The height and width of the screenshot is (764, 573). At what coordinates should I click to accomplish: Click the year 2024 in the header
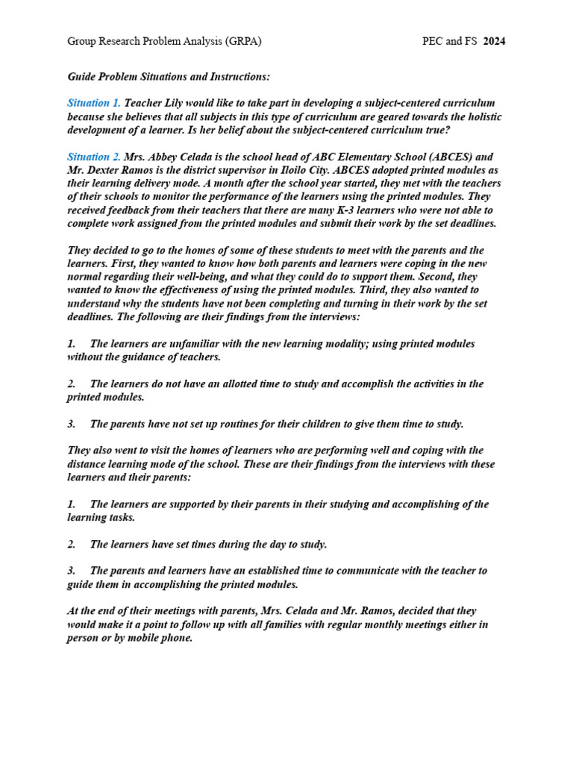[494, 41]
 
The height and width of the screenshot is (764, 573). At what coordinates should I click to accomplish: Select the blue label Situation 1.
[94, 102]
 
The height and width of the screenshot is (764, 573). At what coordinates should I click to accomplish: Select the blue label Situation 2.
[94, 157]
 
